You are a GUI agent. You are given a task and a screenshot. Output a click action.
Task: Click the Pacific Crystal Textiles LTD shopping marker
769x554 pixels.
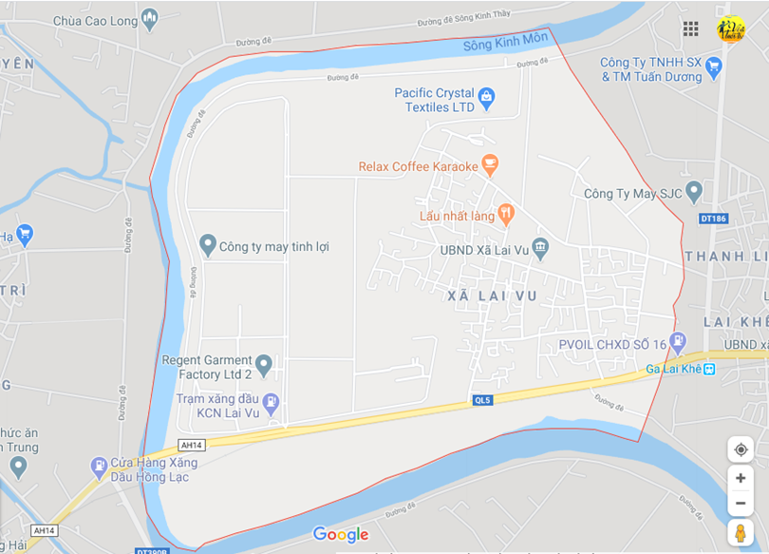pos(487,96)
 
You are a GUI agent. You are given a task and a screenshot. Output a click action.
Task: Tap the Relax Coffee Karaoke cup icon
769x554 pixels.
pos(490,166)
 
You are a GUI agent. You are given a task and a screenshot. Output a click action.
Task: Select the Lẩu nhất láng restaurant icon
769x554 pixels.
pos(506,215)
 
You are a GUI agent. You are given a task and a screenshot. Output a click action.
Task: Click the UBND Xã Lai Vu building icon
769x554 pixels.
pos(540,249)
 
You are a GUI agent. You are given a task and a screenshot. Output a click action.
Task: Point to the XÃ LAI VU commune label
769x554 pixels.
pos(492,296)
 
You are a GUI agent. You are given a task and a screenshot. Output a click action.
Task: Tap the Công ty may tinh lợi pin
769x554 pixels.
pos(208,245)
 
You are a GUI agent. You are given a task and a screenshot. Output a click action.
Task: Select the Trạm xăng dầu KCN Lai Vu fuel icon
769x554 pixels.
pos(272,402)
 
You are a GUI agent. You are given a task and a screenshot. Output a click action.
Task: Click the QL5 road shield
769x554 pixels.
pos(484,400)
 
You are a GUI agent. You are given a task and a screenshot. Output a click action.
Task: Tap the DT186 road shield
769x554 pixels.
pos(713,219)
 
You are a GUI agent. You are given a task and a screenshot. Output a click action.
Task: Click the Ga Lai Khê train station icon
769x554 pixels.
pos(708,369)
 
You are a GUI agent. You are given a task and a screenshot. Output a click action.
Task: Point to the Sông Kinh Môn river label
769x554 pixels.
pos(505,43)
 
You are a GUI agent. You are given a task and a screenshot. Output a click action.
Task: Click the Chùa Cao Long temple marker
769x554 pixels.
pos(149,18)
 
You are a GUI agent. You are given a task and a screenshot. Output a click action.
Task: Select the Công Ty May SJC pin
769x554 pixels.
pos(694,193)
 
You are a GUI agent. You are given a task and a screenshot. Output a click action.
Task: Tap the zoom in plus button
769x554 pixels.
pos(741,478)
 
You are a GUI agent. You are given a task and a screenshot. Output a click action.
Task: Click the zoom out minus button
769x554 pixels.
pos(741,503)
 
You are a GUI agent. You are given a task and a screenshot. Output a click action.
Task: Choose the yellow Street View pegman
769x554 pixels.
pos(741,533)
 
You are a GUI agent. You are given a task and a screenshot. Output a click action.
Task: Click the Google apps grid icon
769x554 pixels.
pos(691,29)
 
